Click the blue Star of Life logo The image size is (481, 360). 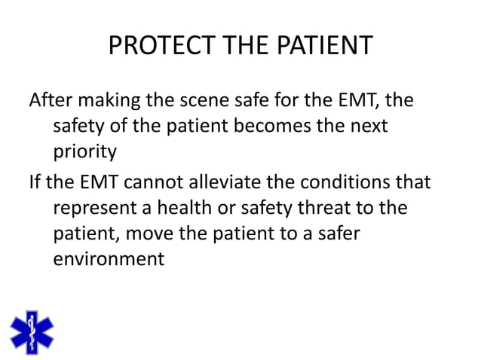[32, 332]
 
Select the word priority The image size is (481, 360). [85, 152]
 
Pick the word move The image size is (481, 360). [151, 233]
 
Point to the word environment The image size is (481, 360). [109, 260]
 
